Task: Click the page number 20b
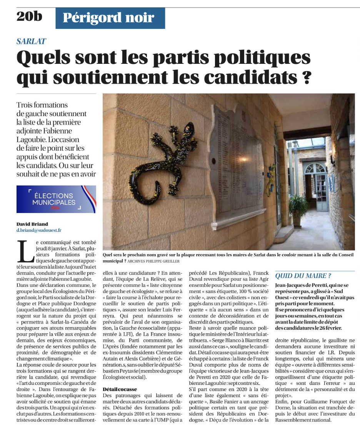(x=29, y=17)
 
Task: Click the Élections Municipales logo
(x=56, y=199)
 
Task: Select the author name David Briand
(x=32, y=224)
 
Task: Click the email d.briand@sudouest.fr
(x=39, y=230)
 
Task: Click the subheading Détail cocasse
(x=120, y=389)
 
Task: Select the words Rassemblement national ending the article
(x=303, y=420)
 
